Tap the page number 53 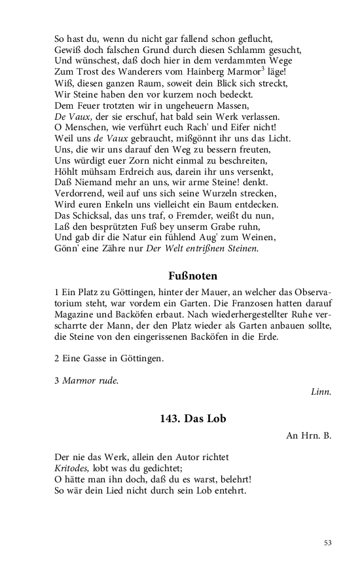point(328,543)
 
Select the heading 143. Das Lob point(192,419)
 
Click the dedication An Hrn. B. point(308,435)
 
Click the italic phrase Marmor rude point(90,380)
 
